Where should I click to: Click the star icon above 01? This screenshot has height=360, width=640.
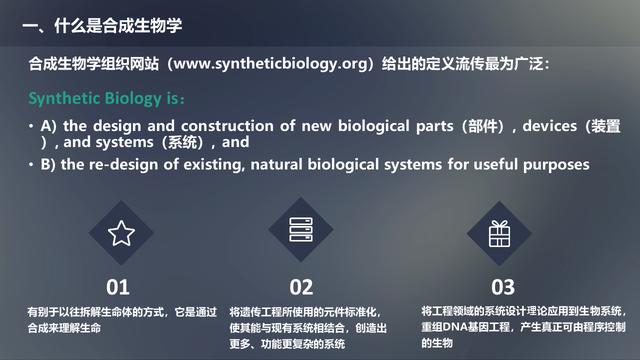pos(121,234)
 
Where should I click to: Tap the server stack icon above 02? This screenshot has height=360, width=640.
pos(301,233)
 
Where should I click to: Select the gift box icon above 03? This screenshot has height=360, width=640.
pos(499,233)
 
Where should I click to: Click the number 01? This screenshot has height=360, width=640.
pos(118,287)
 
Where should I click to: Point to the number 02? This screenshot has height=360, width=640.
pos(301,287)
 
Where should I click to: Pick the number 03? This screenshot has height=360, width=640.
pos(503,287)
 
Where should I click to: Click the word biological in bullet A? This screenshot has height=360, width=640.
pos(384,126)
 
